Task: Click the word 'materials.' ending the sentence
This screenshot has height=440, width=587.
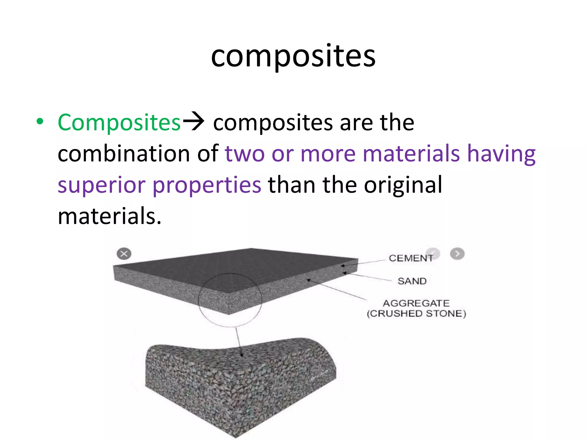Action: click(109, 216)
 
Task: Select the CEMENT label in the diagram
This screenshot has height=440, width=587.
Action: click(410, 258)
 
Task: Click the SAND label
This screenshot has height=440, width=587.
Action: click(412, 281)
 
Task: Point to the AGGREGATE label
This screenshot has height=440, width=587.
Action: click(416, 303)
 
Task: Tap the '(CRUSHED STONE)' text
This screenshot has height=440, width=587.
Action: click(416, 313)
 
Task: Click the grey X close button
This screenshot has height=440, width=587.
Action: click(124, 254)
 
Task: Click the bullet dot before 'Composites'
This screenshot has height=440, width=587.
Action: click(40, 121)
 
